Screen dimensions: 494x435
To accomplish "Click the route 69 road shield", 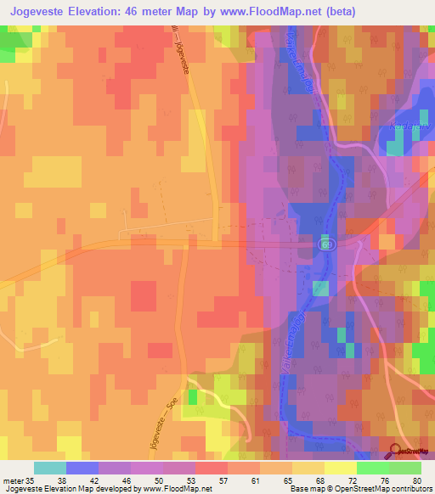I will coord(326,244).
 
